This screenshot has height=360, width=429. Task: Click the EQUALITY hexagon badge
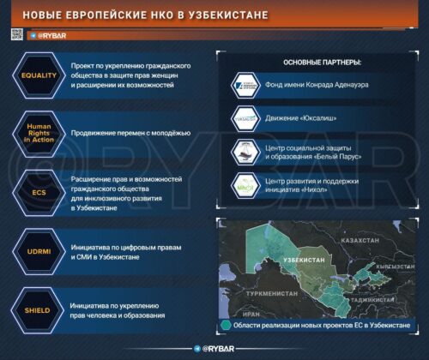coord(39,75)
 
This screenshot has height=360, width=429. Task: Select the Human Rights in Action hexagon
coord(39,134)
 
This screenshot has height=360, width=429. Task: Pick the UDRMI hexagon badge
coord(39,251)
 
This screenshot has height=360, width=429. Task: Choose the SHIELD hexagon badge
coord(39,310)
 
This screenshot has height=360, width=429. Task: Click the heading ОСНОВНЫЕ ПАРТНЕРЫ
coord(322,63)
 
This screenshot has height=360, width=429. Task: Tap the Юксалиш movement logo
coord(245,119)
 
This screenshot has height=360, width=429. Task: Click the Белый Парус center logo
coord(245,152)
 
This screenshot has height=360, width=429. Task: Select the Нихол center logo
coord(245,185)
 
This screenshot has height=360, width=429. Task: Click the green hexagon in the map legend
coord(225,325)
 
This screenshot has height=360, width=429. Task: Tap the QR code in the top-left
coord(16,34)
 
